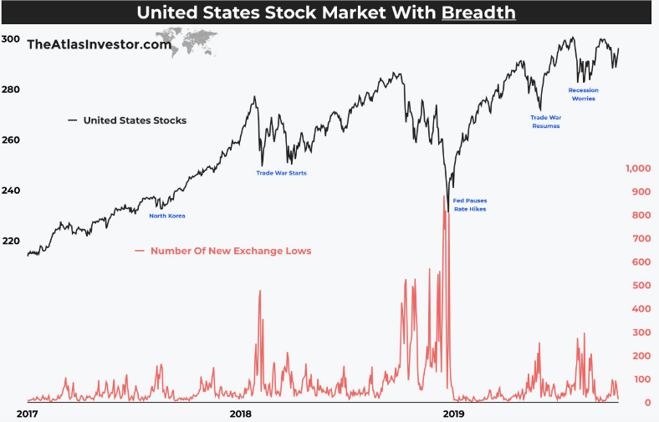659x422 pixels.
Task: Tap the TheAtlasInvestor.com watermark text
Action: [99, 44]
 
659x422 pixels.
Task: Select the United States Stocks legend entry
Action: [134, 120]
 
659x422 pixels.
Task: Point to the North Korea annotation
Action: [166, 216]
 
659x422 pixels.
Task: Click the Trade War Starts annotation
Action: [281, 173]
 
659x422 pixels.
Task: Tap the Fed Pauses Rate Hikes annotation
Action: [469, 205]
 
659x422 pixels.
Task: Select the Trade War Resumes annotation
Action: [545, 122]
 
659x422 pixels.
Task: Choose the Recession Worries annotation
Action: [583, 94]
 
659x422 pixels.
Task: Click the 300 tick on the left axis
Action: [11, 39]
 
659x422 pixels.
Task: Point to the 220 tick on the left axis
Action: [11, 241]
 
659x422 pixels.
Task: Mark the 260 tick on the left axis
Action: [11, 140]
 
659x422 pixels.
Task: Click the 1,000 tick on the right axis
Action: [638, 169]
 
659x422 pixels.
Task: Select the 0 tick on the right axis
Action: [646, 403]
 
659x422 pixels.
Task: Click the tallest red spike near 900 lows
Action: [444, 197]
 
